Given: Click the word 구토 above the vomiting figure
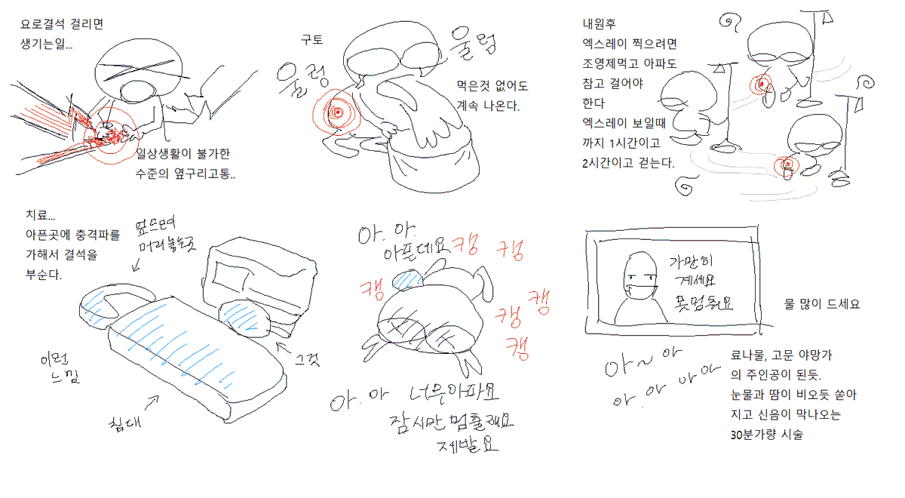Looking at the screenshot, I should pyautogui.click(x=311, y=39).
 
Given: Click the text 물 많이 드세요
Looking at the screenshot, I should pyautogui.click(x=822, y=306).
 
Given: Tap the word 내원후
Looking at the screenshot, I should pyautogui.click(x=600, y=24).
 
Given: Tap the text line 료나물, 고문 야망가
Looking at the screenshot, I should pyautogui.click(x=781, y=354).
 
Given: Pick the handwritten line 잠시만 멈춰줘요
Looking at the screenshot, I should pyautogui.click(x=451, y=420).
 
